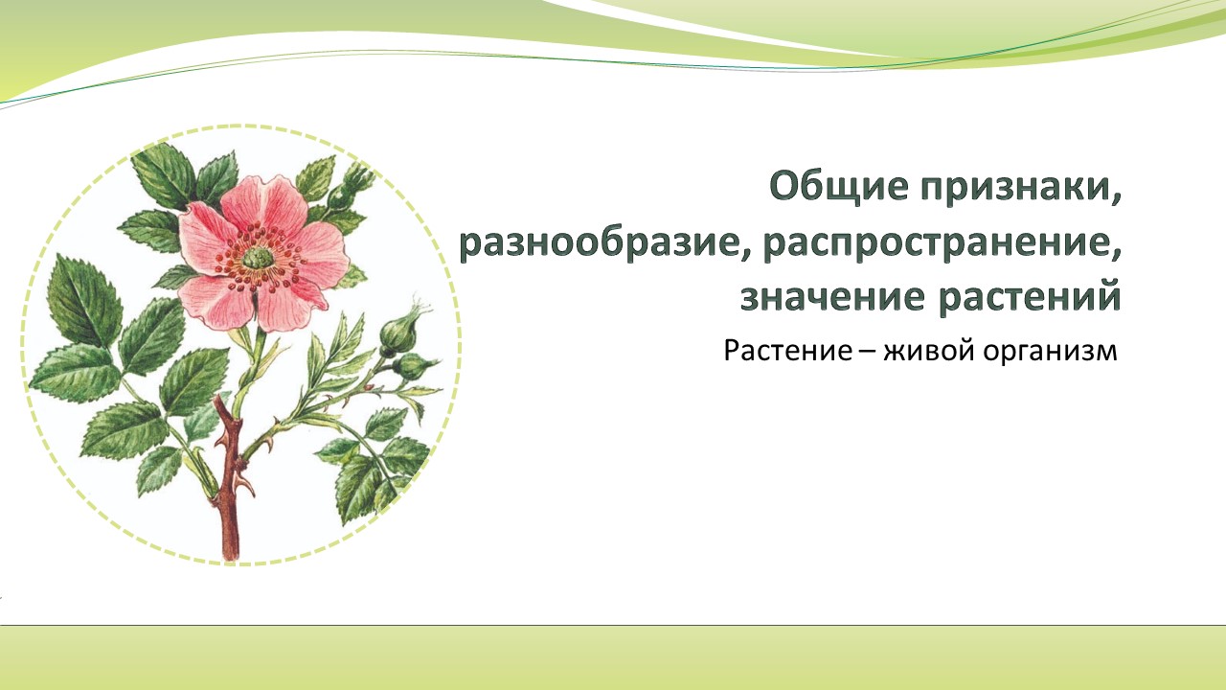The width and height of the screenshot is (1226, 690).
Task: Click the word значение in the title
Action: click(x=832, y=297)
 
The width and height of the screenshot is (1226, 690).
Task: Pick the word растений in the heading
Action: click(x=1030, y=296)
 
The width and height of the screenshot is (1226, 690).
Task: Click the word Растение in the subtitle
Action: click(x=788, y=350)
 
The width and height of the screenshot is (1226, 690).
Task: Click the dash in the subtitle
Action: click(x=868, y=351)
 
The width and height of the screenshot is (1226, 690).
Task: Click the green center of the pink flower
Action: click(x=258, y=258)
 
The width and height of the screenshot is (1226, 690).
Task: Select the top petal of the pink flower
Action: click(x=266, y=202)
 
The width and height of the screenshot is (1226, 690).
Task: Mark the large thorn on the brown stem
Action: click(x=244, y=485)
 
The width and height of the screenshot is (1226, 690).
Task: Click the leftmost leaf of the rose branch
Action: click(x=76, y=374)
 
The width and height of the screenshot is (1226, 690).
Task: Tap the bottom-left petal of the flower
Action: click(x=216, y=301)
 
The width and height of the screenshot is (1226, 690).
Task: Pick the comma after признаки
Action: click(x=1115, y=198)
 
